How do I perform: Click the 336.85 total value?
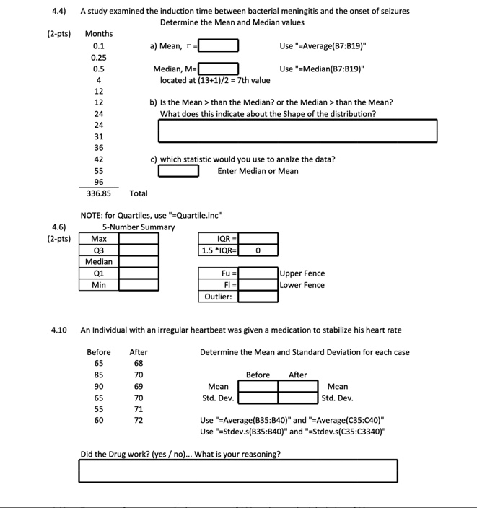(97, 193)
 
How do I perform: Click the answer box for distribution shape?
(297, 131)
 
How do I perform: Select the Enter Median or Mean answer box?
(178, 171)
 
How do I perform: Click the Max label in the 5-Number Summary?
(99, 238)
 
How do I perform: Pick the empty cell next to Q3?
(139, 250)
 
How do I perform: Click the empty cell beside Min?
(139, 285)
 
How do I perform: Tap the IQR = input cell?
(258, 238)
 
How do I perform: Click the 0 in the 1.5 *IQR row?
(258, 250)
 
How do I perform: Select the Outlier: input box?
(258, 297)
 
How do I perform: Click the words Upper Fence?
(303, 273)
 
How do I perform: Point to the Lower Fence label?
(303, 285)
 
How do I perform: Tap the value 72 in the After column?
(139, 419)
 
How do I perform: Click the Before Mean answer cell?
(258, 387)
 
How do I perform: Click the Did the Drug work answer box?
(238, 470)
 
